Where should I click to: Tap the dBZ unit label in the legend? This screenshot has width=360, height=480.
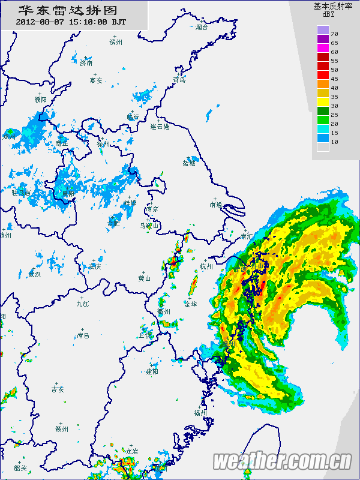[x=328, y=14]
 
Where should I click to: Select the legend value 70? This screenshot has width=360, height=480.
[x=334, y=33]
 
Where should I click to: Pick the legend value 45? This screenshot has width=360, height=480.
[x=334, y=79]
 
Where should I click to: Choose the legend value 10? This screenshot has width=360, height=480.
[x=334, y=142]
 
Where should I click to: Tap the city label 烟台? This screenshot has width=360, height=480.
[x=202, y=27]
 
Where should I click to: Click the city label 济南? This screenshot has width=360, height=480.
[x=86, y=63]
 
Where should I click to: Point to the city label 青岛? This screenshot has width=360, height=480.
[x=179, y=79]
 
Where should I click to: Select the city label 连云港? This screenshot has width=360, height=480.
[x=160, y=127]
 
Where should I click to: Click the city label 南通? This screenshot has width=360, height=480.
[x=216, y=205]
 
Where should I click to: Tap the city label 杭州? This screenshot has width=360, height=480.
[x=206, y=266]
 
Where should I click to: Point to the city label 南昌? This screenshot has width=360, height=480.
[x=82, y=335]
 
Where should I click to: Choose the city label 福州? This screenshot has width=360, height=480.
[x=200, y=413]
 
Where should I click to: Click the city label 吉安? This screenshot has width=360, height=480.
[x=58, y=389]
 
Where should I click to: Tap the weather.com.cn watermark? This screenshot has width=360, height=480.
[x=283, y=461]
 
